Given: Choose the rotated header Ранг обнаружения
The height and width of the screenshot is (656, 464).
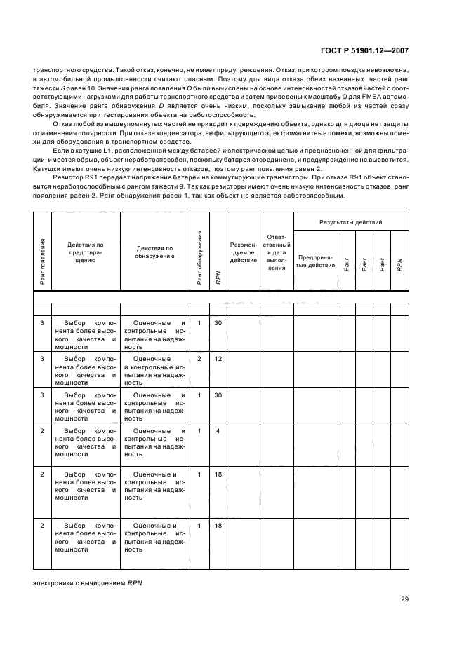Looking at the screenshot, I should click(x=199, y=258).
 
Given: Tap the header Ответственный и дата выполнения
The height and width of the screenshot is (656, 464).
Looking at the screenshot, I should click(x=277, y=252).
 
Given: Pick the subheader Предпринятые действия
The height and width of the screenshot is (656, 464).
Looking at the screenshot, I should click(x=316, y=261).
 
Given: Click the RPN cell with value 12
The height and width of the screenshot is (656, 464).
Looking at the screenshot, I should click(x=218, y=359).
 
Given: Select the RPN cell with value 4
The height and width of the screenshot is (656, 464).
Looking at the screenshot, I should click(x=218, y=430).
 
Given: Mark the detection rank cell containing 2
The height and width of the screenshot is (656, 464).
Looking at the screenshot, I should click(x=199, y=359).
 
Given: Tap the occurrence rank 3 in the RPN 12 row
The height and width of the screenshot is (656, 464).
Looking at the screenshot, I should click(x=41, y=359).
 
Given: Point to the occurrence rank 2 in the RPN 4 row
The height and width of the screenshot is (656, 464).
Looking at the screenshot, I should click(x=41, y=430).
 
